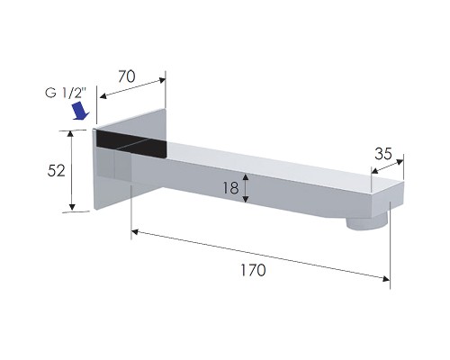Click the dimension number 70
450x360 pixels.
[127, 76]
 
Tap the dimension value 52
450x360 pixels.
[56, 171]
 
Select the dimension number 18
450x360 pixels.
[230, 188]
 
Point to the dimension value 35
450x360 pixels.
[383, 154]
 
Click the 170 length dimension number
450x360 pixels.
[253, 270]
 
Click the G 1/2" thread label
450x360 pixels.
[66, 93]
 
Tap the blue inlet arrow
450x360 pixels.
[80, 111]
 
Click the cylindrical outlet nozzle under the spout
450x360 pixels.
[366, 224]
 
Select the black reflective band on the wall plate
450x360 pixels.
[131, 143]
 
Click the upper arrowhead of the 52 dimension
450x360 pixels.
[71, 134]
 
